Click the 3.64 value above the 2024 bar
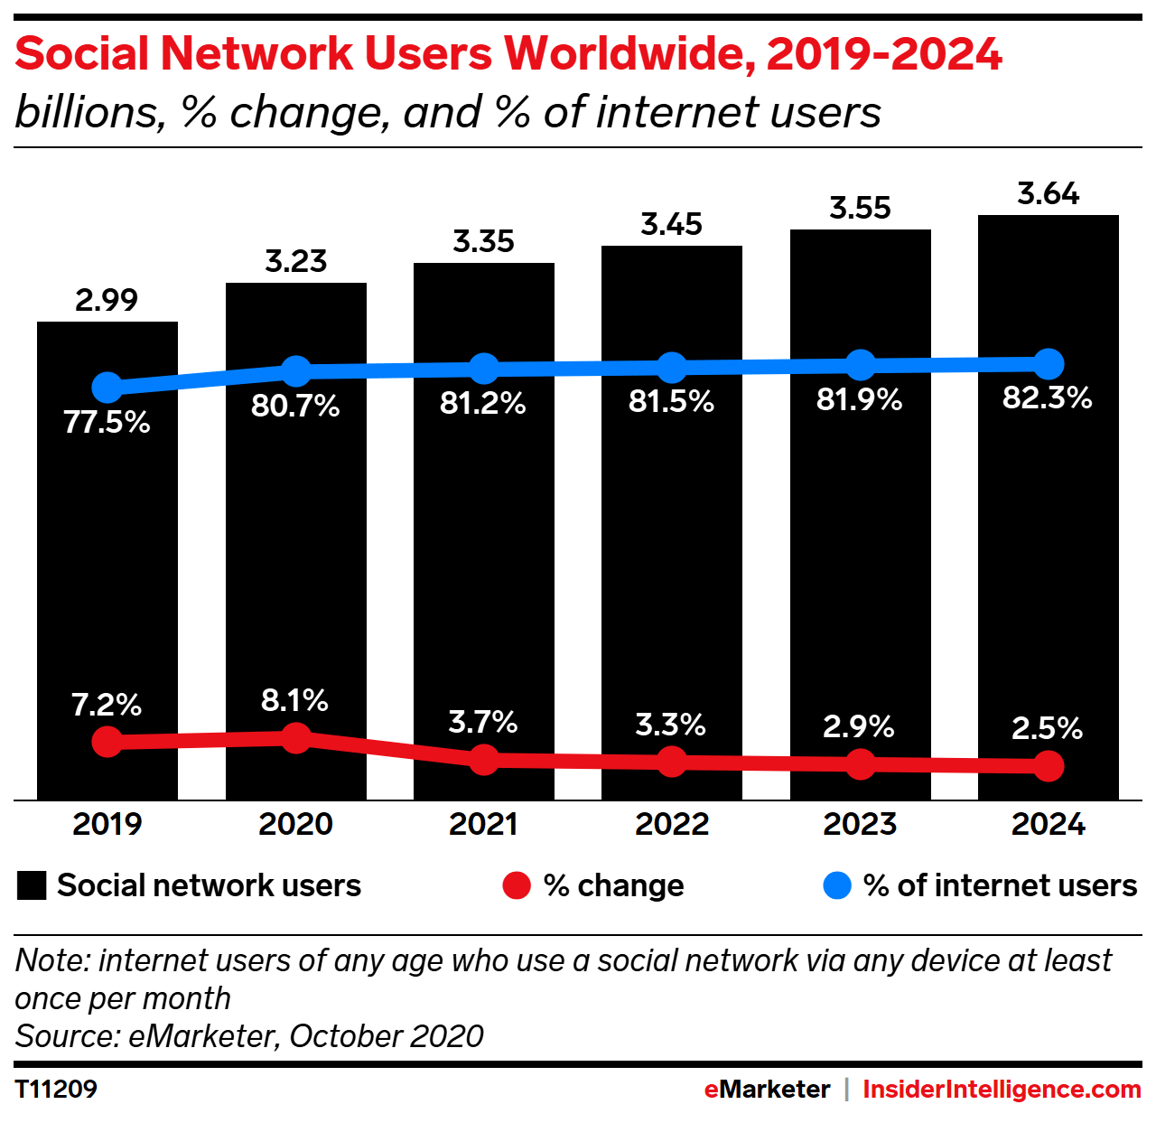(1048, 193)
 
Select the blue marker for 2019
(107, 387)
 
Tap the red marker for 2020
(295, 738)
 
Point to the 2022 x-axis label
(671, 824)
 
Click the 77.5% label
(107, 422)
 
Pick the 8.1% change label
(294, 700)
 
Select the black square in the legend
(32, 885)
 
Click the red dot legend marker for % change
(517, 885)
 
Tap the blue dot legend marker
(837, 885)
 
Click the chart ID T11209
(56, 1089)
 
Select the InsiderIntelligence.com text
(1002, 1089)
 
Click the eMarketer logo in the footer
(767, 1089)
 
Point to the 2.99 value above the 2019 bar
(107, 300)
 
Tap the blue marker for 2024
(1049, 364)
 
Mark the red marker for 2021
(484, 759)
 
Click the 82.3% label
(1048, 398)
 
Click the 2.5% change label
(1047, 728)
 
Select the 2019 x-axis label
(107, 824)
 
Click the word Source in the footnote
(63, 1035)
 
